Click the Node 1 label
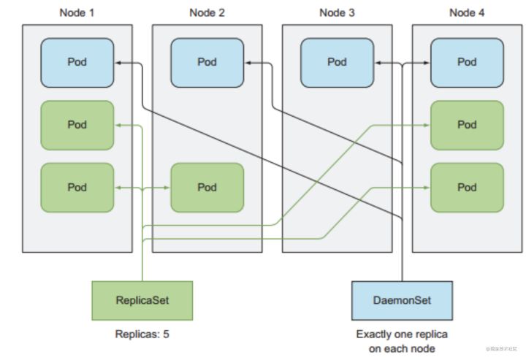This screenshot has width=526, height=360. point(77,12)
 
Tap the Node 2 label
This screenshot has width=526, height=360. point(207,12)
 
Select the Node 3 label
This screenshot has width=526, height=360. point(337,12)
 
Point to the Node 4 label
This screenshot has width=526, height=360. point(467,12)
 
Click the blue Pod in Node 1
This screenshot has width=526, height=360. point(77,62)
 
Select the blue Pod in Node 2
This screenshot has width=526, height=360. point(207,62)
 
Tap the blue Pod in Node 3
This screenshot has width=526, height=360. point(337,62)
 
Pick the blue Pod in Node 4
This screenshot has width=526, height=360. point(467,62)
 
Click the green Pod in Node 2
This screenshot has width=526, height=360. point(207,188)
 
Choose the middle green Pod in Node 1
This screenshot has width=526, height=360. point(77,125)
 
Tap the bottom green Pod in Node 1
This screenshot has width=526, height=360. point(77,188)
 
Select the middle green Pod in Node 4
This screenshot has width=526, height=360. point(467,125)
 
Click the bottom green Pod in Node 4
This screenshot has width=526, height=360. point(467,188)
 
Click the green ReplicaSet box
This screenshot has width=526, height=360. point(142,300)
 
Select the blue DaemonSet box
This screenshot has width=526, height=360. point(402,300)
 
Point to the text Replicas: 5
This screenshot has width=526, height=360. point(142,334)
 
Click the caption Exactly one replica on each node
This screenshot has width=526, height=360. point(402,341)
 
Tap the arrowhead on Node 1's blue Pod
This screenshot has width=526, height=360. point(118,64)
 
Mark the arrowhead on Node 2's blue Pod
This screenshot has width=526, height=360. point(248,64)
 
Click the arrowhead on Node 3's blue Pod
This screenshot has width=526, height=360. point(378,64)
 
